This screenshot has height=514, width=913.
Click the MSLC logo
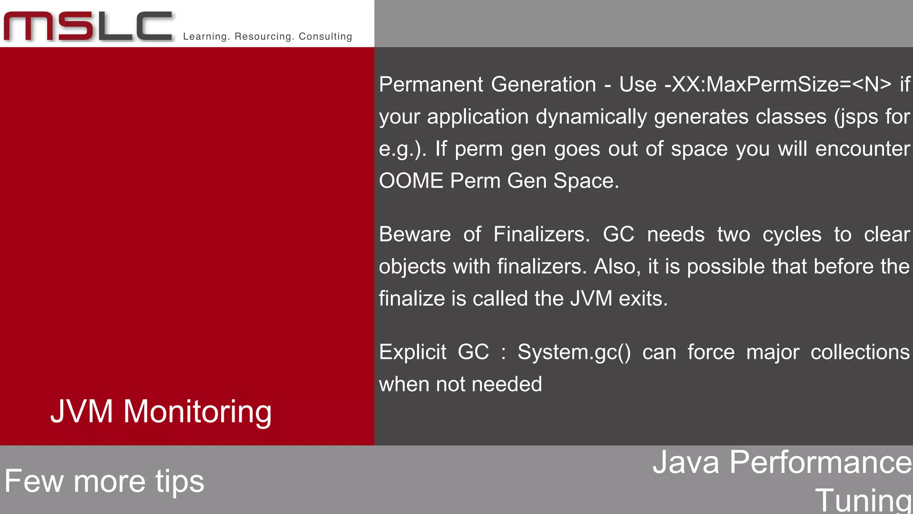[x=88, y=26]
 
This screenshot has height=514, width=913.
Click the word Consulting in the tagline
[x=325, y=37]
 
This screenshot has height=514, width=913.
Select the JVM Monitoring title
[x=161, y=411]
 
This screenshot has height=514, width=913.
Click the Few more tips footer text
[x=104, y=481]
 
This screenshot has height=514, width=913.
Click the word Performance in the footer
[x=820, y=462]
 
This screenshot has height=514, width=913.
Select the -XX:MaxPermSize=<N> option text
[x=778, y=84]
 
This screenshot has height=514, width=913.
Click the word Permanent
[x=431, y=84]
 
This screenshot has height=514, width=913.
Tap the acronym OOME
[x=411, y=181]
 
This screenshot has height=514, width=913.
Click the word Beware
[x=415, y=234]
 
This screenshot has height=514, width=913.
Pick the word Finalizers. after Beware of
[x=542, y=234]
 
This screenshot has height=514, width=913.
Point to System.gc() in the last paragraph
[x=574, y=352]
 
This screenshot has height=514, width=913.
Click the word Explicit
[x=412, y=352]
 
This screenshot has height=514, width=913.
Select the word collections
[x=860, y=352]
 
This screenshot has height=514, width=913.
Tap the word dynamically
[x=591, y=117]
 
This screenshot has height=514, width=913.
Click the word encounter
[x=863, y=149]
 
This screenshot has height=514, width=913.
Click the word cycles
[x=792, y=234]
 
